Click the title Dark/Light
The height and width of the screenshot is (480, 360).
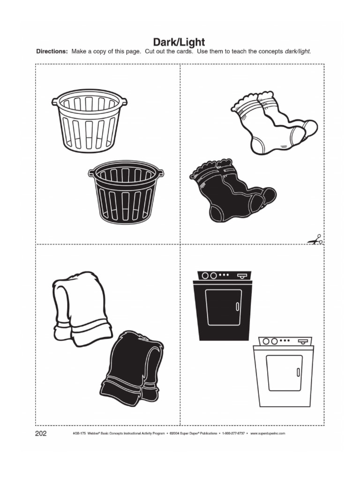[x=180, y=43]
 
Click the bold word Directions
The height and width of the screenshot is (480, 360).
[x=52, y=52]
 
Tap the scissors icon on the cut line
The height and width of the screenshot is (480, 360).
[x=315, y=240]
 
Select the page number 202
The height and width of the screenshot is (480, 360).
[x=41, y=433]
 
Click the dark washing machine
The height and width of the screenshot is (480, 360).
[x=223, y=307]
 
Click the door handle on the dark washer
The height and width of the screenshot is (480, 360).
[x=237, y=307]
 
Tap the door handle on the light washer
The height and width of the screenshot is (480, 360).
[x=298, y=372]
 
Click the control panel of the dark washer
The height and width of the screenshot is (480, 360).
[x=223, y=275]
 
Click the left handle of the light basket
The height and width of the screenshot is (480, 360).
[x=55, y=101]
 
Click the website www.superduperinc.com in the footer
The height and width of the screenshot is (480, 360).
[x=268, y=434]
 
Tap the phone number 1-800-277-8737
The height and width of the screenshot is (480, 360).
[x=234, y=434]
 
